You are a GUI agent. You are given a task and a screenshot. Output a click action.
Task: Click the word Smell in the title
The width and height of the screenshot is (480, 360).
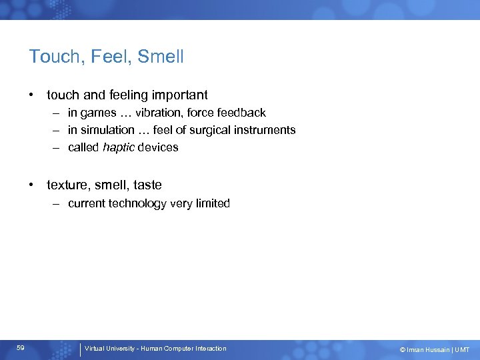point(160,57)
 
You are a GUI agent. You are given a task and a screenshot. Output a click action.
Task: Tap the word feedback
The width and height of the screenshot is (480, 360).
point(241,113)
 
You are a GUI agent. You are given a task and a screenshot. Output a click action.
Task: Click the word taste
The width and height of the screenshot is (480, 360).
point(147,185)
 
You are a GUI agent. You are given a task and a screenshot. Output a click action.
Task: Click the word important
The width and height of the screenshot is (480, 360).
point(180,95)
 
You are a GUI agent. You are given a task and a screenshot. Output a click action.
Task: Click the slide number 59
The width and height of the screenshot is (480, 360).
point(21,348)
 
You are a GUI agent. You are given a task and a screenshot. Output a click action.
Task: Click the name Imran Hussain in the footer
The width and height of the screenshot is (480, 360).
point(426,349)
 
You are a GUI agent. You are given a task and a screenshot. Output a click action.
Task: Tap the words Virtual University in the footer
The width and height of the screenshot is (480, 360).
point(110,349)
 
